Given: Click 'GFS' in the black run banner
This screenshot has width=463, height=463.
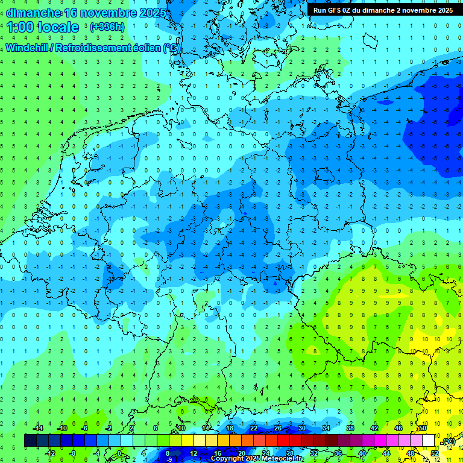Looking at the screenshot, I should click(x=335, y=10).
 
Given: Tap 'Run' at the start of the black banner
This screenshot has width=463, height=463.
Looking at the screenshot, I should click(x=320, y=10).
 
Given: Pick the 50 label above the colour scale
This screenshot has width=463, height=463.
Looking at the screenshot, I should click(x=423, y=428).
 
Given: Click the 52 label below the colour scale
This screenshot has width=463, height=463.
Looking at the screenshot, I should click(x=435, y=453).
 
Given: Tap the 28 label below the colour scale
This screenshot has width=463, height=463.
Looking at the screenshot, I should click(x=290, y=453).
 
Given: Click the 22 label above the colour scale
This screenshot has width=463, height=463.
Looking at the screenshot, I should click(x=254, y=428).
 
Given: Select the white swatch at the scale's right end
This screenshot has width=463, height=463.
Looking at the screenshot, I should click(x=429, y=441).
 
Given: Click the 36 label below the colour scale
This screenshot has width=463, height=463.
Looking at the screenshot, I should click(x=338, y=453).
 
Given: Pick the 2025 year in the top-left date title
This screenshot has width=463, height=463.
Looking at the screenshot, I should click(x=138, y=13).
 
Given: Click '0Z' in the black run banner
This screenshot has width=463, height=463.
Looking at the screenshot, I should click(x=350, y=10).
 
